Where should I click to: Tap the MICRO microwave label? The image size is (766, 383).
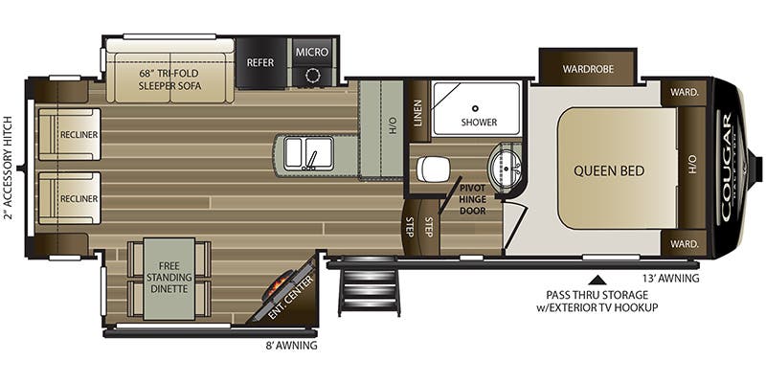(x=312, y=52)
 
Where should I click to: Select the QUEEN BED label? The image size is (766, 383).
(x=609, y=170)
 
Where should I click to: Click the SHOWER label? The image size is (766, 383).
(x=478, y=123)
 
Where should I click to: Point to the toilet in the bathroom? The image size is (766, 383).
(x=433, y=169)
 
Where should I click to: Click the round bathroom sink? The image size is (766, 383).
(x=505, y=169)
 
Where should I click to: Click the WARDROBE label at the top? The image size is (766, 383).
(x=587, y=69)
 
